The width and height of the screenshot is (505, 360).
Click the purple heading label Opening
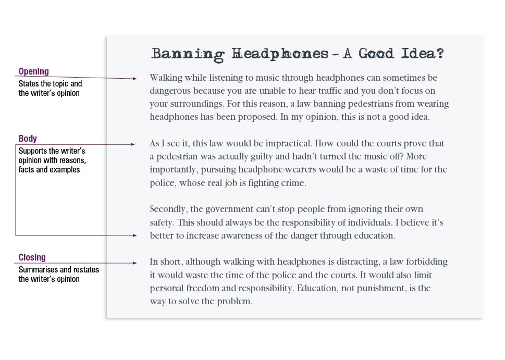coord(33,71)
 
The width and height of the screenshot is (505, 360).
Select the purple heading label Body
coord(28,139)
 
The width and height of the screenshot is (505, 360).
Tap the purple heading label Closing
coord(32,257)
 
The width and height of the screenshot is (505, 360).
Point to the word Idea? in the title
coord(423,54)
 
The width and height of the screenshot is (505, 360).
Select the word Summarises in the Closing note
coord(39,270)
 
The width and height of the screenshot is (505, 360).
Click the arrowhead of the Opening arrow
coord(135,79)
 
